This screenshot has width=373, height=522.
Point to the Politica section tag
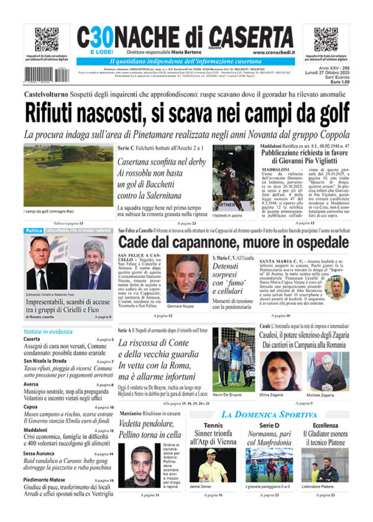pos(34,231)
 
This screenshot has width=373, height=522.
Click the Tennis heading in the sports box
pos(213,425)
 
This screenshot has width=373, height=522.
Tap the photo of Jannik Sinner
pos(208,465)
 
